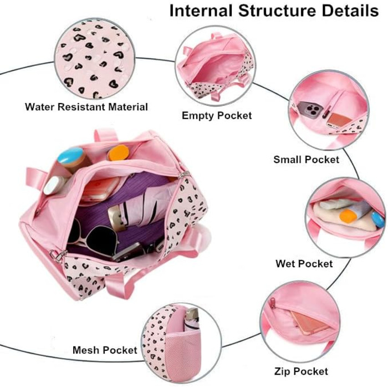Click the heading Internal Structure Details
(273, 11)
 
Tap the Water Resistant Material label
(86, 106)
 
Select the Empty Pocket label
(217, 115)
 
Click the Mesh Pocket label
(105, 350)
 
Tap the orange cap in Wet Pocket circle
(349, 215)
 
